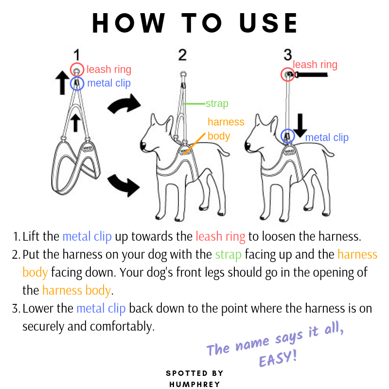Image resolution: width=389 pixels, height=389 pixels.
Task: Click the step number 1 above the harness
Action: pyautogui.click(x=77, y=55)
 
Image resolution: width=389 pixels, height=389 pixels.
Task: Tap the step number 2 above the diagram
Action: pyautogui.click(x=182, y=55)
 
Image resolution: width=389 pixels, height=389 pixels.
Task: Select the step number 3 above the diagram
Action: pyautogui.click(x=288, y=55)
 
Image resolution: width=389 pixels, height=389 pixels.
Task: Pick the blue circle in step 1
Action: pyautogui.click(x=70, y=84)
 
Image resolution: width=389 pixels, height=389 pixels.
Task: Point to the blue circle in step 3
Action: pyautogui.click(x=281, y=136)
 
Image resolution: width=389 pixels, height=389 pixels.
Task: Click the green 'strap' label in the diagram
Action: pyautogui.click(x=217, y=104)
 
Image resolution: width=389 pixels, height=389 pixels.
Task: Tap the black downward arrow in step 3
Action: pyautogui.click(x=300, y=125)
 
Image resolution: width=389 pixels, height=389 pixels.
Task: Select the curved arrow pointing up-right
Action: pyautogui.click(x=124, y=104)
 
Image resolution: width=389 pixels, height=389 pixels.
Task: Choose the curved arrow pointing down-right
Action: pyautogui.click(x=124, y=185)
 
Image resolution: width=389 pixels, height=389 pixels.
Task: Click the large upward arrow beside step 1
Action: pyautogui.click(x=62, y=83)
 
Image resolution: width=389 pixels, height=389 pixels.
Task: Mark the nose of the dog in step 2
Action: pyautogui.click(x=143, y=145)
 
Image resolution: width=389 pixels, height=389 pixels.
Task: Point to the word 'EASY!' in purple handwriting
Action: pyautogui.click(x=278, y=358)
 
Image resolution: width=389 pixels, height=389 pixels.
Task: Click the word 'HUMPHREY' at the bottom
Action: pyautogui.click(x=194, y=384)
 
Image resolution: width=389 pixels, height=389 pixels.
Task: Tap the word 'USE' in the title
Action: pyautogui.click(x=268, y=23)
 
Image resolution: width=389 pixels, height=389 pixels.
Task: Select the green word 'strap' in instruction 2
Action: pyautogui.click(x=228, y=255)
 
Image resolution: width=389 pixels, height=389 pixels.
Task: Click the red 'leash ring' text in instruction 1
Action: pyautogui.click(x=220, y=236)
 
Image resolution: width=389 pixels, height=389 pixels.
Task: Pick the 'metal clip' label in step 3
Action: pyautogui.click(x=327, y=138)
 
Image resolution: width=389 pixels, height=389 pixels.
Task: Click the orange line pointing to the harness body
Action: pyautogui.click(x=194, y=144)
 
